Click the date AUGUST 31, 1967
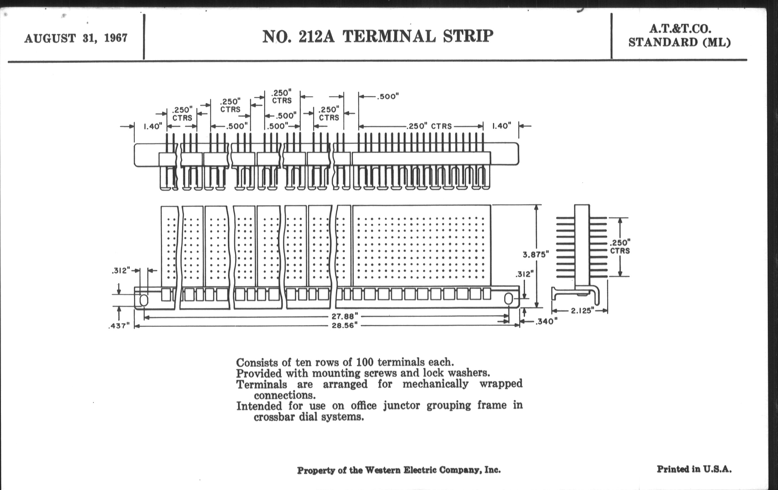point(75,38)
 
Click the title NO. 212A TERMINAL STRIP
point(377,36)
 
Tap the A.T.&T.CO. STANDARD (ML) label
point(680,36)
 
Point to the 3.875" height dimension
point(536,255)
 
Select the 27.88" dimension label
point(345,316)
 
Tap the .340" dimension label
point(546,322)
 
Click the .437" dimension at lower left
point(119,325)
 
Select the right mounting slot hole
point(508,299)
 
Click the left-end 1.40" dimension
point(153,126)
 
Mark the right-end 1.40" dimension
point(501,126)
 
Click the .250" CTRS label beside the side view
point(620,247)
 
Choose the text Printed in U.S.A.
point(694,469)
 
